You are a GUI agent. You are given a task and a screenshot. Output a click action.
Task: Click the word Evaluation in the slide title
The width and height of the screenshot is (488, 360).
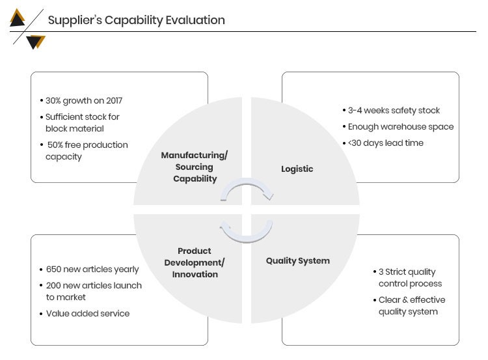pyautogui.click(x=195, y=20)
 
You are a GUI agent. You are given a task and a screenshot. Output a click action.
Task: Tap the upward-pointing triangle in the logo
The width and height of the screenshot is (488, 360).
pyautogui.click(x=17, y=18)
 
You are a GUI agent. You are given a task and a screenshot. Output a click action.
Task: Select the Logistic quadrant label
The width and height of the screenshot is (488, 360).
pyautogui.click(x=297, y=169)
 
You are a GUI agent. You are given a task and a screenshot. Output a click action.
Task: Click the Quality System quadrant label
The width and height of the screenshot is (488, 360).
pyautogui.click(x=298, y=260)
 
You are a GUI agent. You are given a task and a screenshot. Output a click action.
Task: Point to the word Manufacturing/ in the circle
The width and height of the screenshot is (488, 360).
pyautogui.click(x=195, y=155)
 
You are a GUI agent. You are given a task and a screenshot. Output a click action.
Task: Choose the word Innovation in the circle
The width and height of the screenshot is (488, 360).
pyautogui.click(x=195, y=274)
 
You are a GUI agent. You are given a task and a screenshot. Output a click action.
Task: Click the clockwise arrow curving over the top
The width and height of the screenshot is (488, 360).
pyautogui.click(x=247, y=188)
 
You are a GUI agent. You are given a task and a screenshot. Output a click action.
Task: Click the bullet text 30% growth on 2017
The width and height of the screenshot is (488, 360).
pyautogui.click(x=84, y=101)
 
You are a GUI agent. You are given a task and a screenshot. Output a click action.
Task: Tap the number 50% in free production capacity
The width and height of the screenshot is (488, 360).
pyautogui.click(x=55, y=145)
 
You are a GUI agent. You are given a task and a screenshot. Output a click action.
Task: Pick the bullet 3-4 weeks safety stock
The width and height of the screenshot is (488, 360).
pyautogui.click(x=394, y=110)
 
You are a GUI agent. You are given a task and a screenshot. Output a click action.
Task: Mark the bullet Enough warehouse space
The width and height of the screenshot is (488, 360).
pyautogui.click(x=401, y=127)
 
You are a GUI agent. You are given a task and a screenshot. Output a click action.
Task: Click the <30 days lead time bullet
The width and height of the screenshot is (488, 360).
pyautogui.click(x=386, y=143)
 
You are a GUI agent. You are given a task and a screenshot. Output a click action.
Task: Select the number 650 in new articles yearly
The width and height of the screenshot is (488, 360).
pyautogui.click(x=53, y=269)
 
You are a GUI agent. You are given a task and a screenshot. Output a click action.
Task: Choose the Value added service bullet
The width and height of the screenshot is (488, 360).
pyautogui.click(x=88, y=313)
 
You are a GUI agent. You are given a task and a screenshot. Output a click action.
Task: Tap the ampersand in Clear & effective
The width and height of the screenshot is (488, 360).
pyautogui.click(x=405, y=300)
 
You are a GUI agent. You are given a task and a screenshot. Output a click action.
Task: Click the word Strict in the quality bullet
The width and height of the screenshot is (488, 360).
pyautogui.click(x=396, y=272)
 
